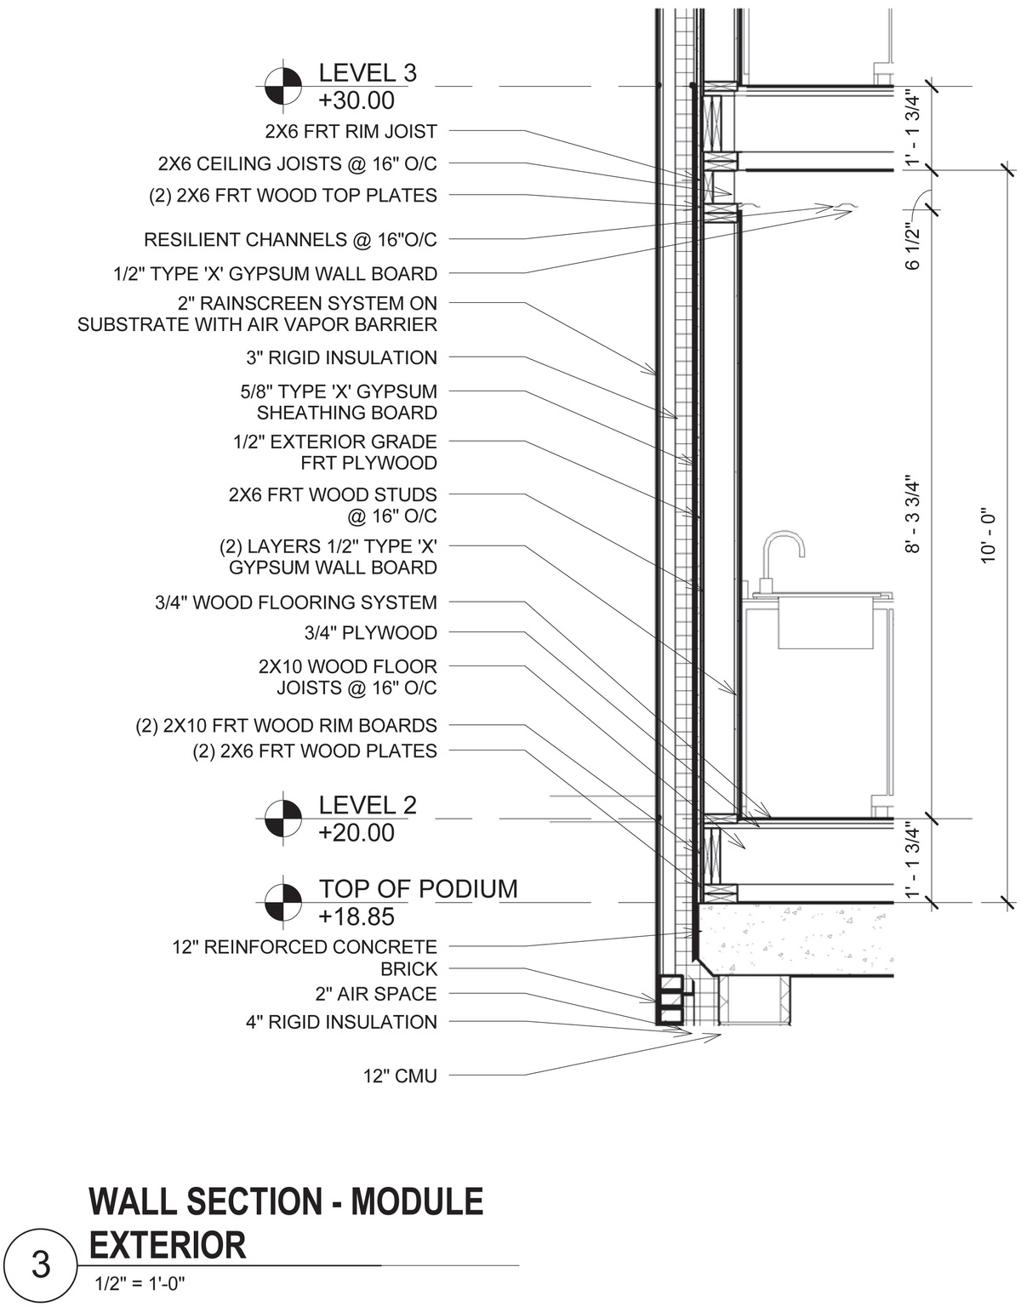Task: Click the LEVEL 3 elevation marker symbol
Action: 282,86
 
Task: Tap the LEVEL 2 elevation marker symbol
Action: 282,819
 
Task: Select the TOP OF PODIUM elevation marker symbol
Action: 282,902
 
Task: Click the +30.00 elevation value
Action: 356,100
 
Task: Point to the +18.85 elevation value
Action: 356,916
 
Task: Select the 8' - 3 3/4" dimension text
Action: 913,515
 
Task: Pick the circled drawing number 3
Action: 41,1265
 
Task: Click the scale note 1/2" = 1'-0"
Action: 140,1284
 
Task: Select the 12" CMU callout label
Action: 400,1076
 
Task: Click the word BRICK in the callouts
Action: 408,969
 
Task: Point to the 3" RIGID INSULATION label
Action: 341,358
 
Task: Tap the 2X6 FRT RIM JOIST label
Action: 351,132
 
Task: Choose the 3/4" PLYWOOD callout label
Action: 370,633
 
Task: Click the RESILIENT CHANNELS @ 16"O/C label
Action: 290,240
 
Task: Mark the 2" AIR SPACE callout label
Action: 375,994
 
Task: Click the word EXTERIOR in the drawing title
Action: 168,1245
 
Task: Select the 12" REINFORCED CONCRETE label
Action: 305,947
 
